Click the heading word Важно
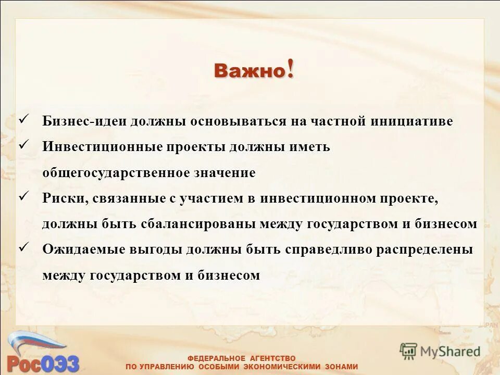[249, 71]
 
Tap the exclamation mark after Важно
[289, 69]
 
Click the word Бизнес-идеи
[84, 121]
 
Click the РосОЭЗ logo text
[43, 361]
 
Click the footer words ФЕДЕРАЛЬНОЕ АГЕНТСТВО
[241, 358]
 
